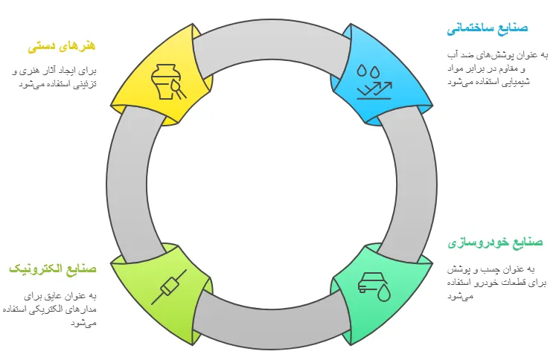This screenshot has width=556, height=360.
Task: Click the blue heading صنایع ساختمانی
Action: [x=488, y=29]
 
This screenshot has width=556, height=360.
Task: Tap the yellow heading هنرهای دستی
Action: [x=63, y=46]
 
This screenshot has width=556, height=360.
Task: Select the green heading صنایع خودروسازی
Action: [x=495, y=243]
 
